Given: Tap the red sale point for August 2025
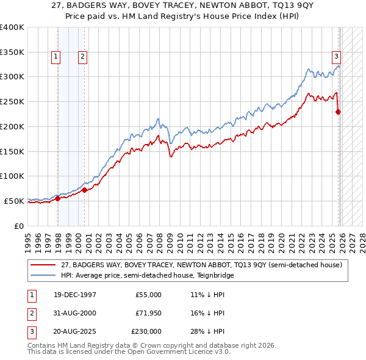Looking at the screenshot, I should pyautogui.click(x=339, y=111).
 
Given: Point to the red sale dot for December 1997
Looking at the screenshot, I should pyautogui.click(x=58, y=198).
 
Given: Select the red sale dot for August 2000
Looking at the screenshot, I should pyautogui.click(x=85, y=190).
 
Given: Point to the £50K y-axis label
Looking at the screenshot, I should pyautogui.click(x=15, y=201).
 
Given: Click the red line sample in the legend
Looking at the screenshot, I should pyautogui.click(x=44, y=265).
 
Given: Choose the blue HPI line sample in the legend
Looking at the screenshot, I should pyautogui.click(x=44, y=276).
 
